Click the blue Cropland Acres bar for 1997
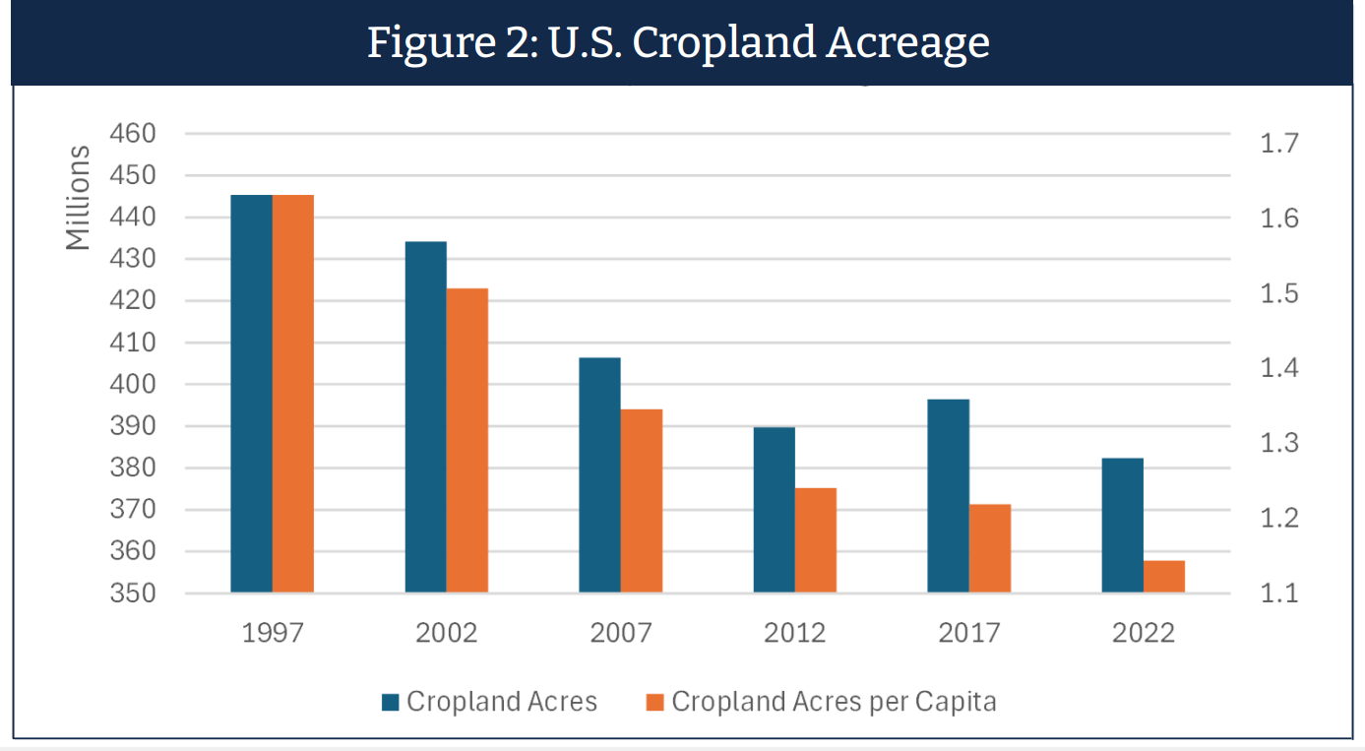[251, 394]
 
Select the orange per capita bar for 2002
[466, 440]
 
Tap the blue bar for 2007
[599, 474]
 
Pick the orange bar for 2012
[816, 540]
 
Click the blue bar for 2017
[949, 495]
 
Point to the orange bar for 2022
[1164, 577]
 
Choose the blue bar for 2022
[1123, 526]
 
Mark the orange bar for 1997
[293, 394]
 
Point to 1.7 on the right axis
[1279, 144]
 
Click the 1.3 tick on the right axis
[1279, 443]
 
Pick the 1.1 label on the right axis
[1279, 594]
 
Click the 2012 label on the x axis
[795, 632]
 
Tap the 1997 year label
[273, 632]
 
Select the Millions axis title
[78, 198]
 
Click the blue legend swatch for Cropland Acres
[391, 702]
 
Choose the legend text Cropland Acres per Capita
[835, 702]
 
